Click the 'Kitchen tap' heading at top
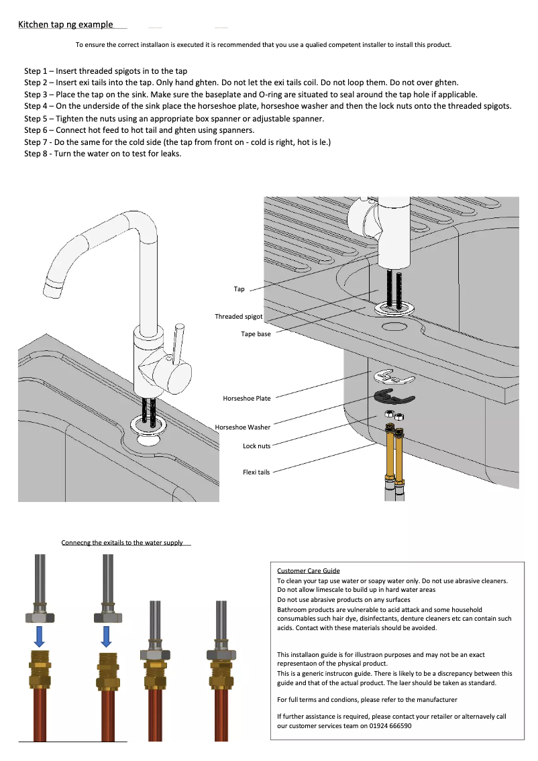pos(65,25)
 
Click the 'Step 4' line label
pos(38,106)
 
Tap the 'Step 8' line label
pos(38,154)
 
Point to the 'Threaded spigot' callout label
pos(238,316)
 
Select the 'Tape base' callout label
pos(256,334)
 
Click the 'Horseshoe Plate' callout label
pos(246,398)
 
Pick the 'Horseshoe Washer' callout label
pos(242,427)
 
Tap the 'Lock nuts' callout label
pos(256,446)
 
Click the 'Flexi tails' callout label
pos(256,472)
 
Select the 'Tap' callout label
pos(239,289)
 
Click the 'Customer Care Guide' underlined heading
pos(309,570)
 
